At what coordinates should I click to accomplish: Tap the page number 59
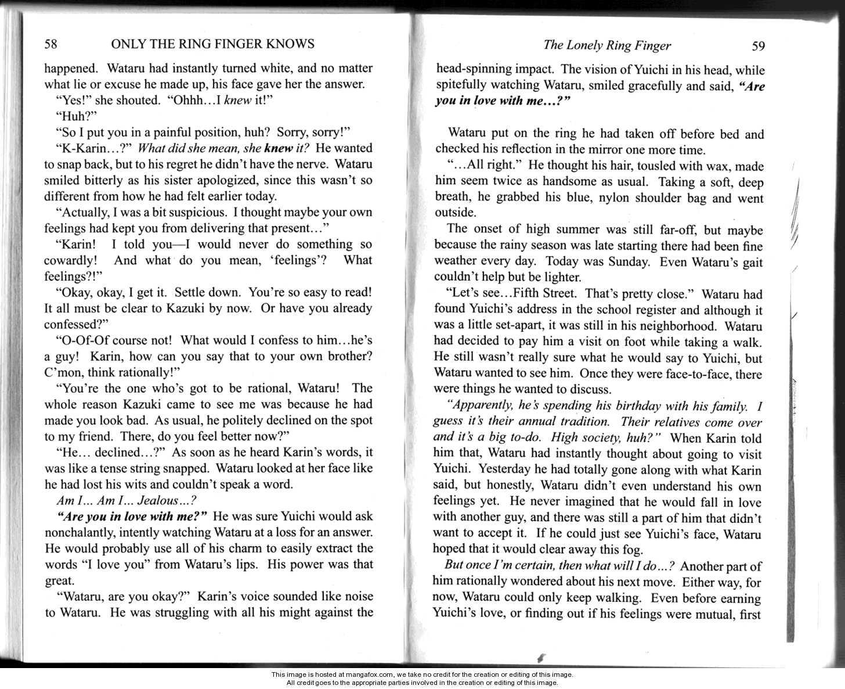click(758, 46)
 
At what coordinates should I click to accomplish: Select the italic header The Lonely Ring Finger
click(607, 46)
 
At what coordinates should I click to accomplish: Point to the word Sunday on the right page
click(629, 262)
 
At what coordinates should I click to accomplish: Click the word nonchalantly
click(80, 532)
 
